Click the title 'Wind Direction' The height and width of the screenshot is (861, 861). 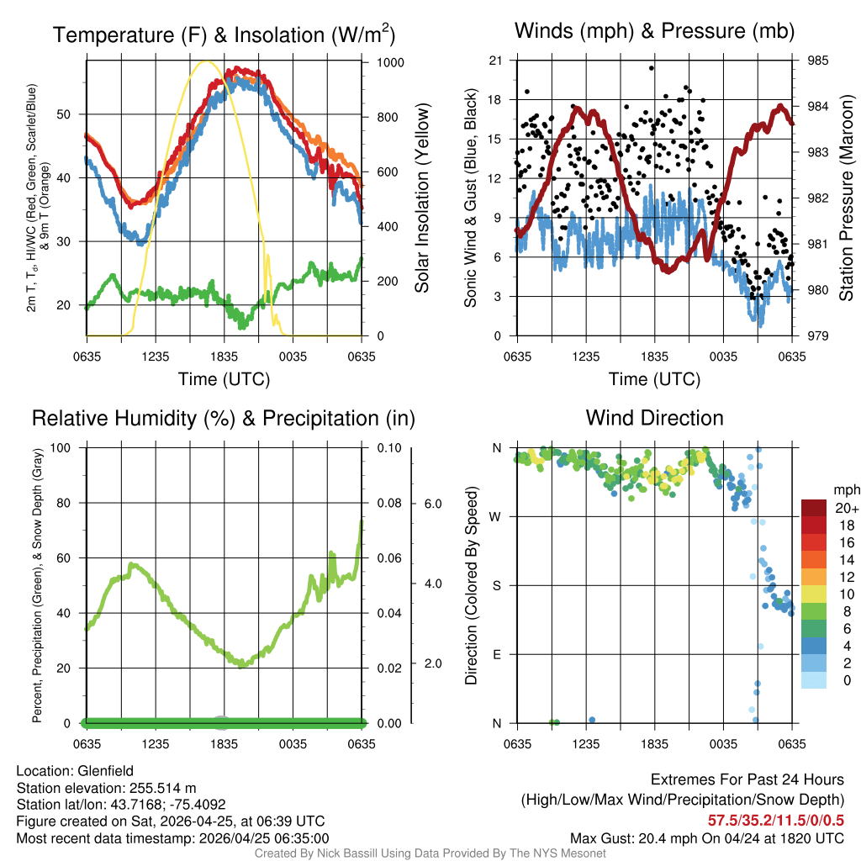click(x=654, y=418)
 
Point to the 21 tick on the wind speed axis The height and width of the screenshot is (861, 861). click(x=495, y=61)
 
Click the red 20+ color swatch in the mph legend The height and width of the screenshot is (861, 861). click(x=814, y=508)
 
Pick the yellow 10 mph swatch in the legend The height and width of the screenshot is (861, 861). click(x=814, y=594)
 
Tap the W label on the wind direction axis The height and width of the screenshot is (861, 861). click(x=496, y=516)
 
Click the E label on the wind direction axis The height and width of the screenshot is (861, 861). click(x=496, y=654)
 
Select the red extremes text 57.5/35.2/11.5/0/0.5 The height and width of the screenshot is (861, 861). click(x=775, y=819)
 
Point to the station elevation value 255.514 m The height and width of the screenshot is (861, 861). click(x=165, y=788)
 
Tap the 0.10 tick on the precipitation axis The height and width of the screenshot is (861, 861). click(x=388, y=448)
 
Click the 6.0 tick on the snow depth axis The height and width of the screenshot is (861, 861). click(x=431, y=504)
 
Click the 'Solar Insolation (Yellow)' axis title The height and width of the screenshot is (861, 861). click(x=421, y=198)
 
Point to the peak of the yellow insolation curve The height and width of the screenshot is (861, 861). click(x=204, y=61)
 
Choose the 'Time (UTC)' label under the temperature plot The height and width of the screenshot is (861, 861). click(x=224, y=379)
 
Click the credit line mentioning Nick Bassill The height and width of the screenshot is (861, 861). click(x=430, y=853)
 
